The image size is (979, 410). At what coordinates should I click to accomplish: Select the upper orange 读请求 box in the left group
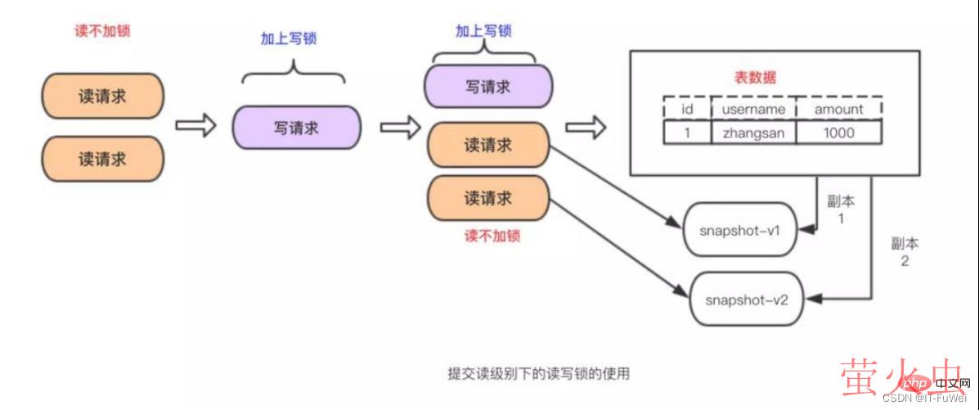tap(102, 96)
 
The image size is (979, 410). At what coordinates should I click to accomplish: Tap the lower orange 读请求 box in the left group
tap(102, 159)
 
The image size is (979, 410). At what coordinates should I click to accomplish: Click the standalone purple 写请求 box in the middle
tap(296, 127)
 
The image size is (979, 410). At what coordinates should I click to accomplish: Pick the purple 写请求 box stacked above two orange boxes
tap(488, 85)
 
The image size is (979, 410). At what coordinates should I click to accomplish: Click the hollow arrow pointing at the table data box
tap(586, 128)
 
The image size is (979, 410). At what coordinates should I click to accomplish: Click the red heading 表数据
tap(755, 79)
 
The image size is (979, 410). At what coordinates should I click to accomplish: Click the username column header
tap(752, 109)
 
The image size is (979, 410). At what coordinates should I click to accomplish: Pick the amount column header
tap(838, 109)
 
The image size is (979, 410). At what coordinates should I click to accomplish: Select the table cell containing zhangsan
tap(752, 132)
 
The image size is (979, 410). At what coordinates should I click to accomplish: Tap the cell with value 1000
tap(838, 132)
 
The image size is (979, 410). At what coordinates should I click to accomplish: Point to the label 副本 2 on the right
tap(905, 253)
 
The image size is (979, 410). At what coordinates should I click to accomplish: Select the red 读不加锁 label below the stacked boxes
tap(492, 236)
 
